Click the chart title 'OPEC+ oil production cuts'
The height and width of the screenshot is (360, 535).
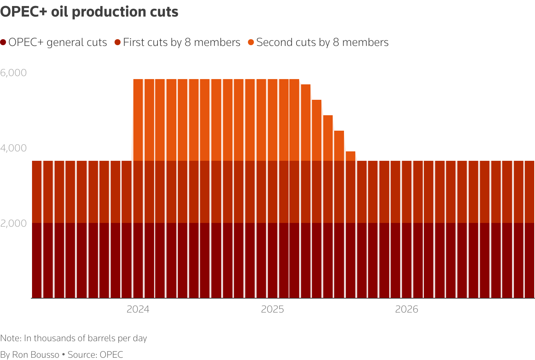tap(89, 12)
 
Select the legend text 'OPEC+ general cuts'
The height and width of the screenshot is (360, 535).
tap(58, 43)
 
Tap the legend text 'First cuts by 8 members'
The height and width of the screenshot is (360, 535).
tap(181, 43)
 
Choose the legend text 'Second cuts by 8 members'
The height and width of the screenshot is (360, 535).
tap(322, 43)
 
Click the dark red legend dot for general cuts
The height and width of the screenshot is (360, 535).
tap(3, 43)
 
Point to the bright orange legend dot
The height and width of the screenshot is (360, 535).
tap(251, 43)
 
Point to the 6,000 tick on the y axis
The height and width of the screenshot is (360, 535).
tap(14, 73)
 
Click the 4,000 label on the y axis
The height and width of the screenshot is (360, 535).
tap(14, 148)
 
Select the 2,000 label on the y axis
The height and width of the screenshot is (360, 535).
tap(14, 223)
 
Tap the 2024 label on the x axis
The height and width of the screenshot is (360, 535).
tap(138, 310)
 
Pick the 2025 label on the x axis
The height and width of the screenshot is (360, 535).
tap(272, 310)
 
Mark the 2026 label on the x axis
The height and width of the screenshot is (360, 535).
tap(407, 310)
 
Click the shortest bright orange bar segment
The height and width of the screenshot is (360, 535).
tap(350, 156)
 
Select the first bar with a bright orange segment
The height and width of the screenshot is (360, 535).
tap(138, 120)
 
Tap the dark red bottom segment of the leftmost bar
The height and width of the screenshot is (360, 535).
tap(37, 260)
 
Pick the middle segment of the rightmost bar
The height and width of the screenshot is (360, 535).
tap(529, 192)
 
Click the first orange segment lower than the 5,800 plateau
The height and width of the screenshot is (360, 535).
tap(306, 122)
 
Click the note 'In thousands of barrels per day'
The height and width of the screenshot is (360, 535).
tap(85, 338)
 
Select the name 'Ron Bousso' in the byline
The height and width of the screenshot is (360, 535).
tap(36, 355)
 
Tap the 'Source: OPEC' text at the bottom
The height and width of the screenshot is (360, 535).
tap(95, 355)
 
